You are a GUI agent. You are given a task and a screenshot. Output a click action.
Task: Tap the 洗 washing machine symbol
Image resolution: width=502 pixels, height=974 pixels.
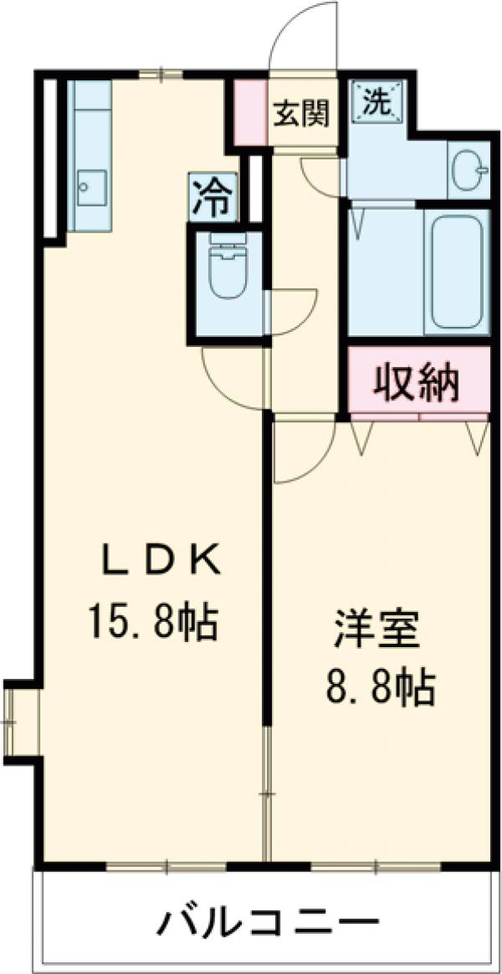point(376,101)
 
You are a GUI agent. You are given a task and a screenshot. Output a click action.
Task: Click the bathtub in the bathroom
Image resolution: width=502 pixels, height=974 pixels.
point(455,270)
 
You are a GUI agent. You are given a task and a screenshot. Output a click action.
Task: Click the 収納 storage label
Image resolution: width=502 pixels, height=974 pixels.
point(415,384)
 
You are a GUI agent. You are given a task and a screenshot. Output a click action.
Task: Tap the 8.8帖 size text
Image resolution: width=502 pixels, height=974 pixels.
point(379,688)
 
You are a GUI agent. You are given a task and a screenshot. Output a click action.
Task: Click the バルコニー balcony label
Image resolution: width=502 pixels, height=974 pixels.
point(264,924)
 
